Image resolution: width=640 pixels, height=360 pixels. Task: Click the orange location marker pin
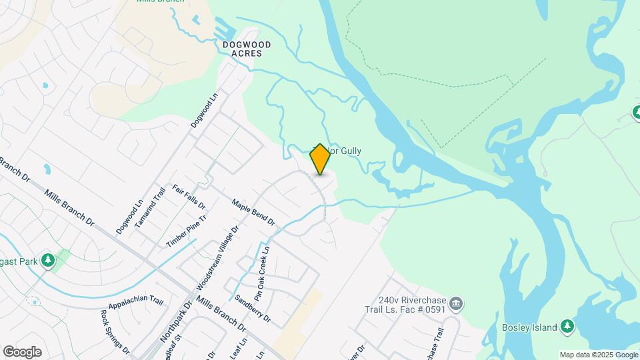click(x=320, y=159)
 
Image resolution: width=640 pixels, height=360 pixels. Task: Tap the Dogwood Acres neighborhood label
click(x=247, y=49)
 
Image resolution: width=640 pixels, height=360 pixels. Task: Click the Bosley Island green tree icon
click(x=567, y=326)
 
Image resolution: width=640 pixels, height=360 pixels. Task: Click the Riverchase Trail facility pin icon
click(x=456, y=305)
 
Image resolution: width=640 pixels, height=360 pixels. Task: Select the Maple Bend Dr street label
click(x=253, y=211)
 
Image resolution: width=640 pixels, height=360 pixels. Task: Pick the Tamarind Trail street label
click(x=149, y=209)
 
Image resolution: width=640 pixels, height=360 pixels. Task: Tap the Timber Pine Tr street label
click(x=187, y=231)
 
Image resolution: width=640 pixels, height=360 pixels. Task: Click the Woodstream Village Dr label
click(x=217, y=257)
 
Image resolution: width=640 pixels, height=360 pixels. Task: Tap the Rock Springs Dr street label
click(x=114, y=331)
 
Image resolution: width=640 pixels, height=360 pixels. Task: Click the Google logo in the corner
click(x=22, y=352)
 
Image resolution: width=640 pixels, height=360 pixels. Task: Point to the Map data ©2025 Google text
click(x=598, y=355)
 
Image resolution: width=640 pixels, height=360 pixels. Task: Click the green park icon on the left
click(x=47, y=259)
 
